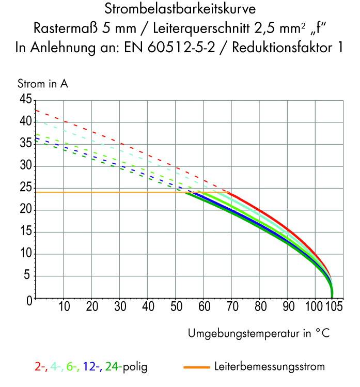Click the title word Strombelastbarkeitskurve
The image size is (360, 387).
[179, 9]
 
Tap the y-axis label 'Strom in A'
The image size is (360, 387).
[43, 84]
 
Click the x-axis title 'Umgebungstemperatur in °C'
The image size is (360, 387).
[258, 333]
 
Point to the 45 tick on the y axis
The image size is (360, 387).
[25, 99]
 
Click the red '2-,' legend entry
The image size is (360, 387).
[40, 367]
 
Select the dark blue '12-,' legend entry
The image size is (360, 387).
[92, 367]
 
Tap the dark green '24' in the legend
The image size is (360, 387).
[113, 367]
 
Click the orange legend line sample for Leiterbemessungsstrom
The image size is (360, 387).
[196, 367]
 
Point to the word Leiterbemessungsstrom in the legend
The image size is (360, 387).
[269, 367]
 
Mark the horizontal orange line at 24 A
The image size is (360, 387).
[103, 192]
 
